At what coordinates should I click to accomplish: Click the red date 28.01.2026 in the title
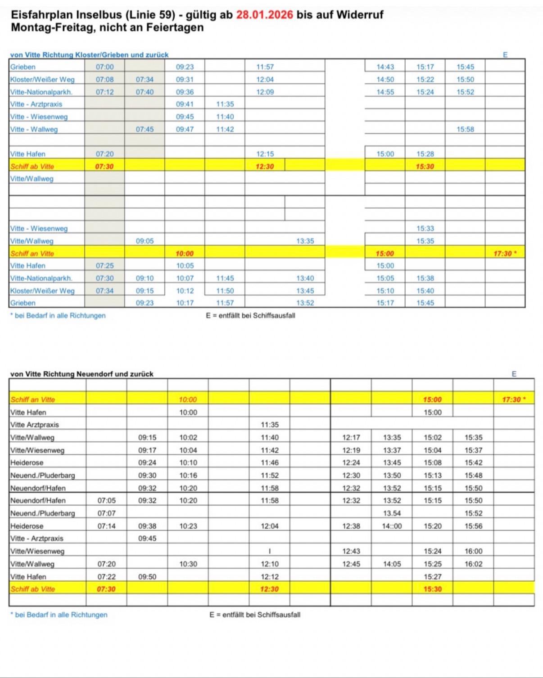coord(264,14)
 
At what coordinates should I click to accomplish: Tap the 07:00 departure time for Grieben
coord(104,67)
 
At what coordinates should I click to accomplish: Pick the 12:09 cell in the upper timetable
coord(265,92)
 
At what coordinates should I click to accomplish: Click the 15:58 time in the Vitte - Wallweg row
coord(465,130)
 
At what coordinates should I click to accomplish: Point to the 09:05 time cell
coord(145,241)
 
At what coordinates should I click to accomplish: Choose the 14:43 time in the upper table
coord(385,67)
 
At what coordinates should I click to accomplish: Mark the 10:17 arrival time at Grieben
coord(185,303)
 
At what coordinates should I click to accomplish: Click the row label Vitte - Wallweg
coord(34,130)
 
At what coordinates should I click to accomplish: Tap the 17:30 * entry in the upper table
coord(505,254)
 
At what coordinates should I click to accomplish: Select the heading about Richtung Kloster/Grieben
coord(89,55)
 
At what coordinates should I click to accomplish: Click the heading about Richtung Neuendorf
coord(81,374)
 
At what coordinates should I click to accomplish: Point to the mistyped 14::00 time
coord(392,526)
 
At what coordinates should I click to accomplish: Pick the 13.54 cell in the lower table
coord(392,513)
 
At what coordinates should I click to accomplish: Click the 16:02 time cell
coord(473,564)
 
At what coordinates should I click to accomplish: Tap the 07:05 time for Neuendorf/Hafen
coord(107,501)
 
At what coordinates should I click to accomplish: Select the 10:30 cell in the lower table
coord(188,564)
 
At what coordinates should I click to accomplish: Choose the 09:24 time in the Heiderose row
coord(147,463)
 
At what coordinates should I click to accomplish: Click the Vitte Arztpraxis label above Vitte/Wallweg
coord(35,425)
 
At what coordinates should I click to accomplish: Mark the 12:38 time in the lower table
coord(351,526)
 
